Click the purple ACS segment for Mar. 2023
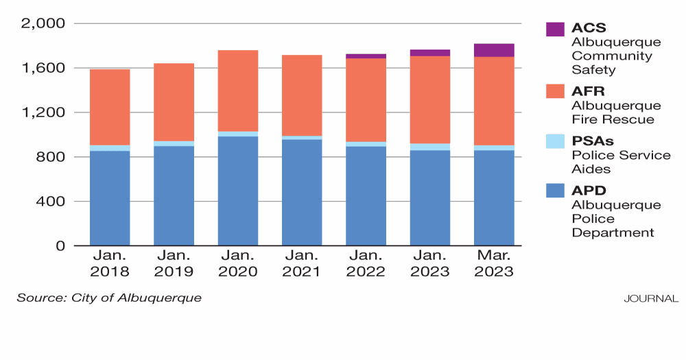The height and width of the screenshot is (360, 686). pos(494,50)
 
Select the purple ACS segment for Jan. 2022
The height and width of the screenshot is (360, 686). pos(366,56)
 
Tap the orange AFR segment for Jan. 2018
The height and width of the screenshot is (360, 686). pos(109,107)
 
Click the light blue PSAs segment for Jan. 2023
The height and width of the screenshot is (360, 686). pos(429,147)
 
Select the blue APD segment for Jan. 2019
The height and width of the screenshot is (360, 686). pos(174,195)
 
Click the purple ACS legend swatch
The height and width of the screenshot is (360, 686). pos(555,29)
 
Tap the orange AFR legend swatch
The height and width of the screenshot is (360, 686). pos(555,92)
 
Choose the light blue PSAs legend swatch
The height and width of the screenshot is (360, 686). pos(555,141)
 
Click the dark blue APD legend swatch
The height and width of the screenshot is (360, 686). pos(555,191)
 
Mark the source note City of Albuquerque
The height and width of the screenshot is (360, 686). pos(110,298)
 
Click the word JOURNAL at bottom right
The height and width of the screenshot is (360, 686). pos(651,299)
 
